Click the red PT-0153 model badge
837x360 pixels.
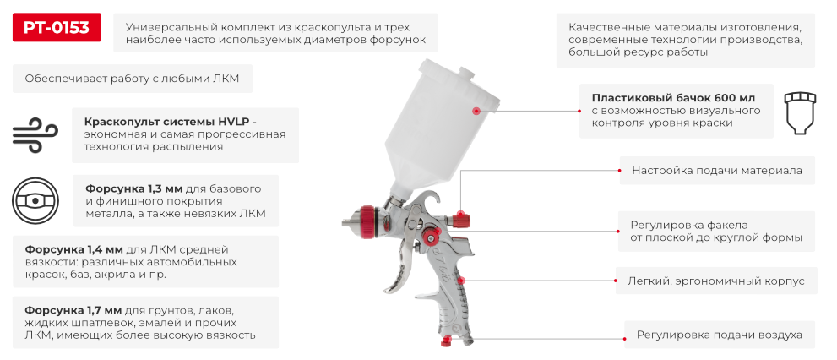(x=57, y=27)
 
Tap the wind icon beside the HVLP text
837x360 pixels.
(x=35, y=135)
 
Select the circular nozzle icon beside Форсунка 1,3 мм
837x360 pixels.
(x=35, y=201)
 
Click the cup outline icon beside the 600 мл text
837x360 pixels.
(x=800, y=111)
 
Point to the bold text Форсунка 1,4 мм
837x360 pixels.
(x=74, y=249)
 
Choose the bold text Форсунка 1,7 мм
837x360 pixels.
(x=74, y=310)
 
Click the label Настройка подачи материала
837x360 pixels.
(x=717, y=171)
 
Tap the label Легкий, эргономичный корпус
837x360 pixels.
(x=716, y=281)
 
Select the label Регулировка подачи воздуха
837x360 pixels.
(x=719, y=335)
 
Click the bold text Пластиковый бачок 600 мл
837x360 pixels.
(x=673, y=98)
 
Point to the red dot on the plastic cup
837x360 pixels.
(x=476, y=111)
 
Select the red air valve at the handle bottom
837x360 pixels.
(x=446, y=340)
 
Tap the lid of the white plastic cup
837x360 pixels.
(x=459, y=79)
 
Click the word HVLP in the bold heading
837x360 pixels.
(x=231, y=121)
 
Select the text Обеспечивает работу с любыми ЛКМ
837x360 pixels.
(x=132, y=79)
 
